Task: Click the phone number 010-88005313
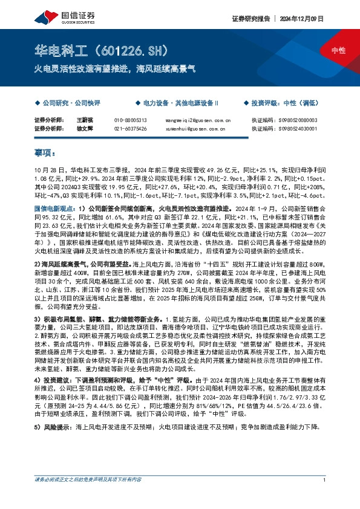(x=131, y=120)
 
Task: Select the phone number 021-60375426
(x=131, y=128)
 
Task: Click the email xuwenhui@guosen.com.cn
(x=194, y=128)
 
